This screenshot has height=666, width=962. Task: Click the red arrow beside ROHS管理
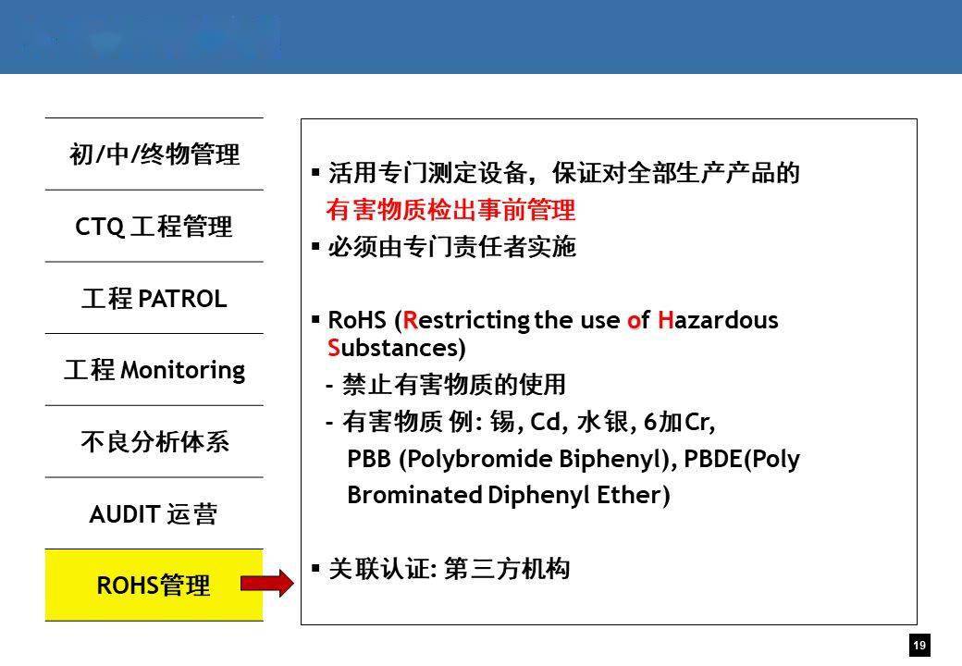pyautogui.click(x=266, y=584)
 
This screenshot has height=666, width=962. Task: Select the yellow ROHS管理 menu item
pyautogui.click(x=154, y=586)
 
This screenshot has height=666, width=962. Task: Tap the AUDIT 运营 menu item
pyautogui.click(x=154, y=514)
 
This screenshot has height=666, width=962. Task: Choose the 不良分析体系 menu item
pyautogui.click(x=154, y=442)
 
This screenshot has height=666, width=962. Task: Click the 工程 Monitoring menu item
pyautogui.click(x=154, y=370)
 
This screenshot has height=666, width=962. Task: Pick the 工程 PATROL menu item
pyautogui.click(x=154, y=299)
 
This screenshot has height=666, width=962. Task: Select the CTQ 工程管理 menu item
pyautogui.click(x=154, y=227)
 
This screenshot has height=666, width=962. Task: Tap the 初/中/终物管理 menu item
pyautogui.click(x=154, y=154)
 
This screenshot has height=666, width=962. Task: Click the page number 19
pyautogui.click(x=919, y=646)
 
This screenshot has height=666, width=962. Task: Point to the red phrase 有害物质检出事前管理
pyautogui.click(x=450, y=210)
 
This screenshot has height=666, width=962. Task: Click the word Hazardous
pyautogui.click(x=718, y=321)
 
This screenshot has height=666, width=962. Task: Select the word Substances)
pyautogui.click(x=396, y=349)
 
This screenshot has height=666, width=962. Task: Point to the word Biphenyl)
pyautogui.click(x=614, y=459)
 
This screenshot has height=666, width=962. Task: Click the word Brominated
pyautogui.click(x=414, y=495)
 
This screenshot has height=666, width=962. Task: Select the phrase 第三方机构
pyautogui.click(x=507, y=568)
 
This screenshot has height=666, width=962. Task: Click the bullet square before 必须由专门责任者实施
pyautogui.click(x=315, y=245)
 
